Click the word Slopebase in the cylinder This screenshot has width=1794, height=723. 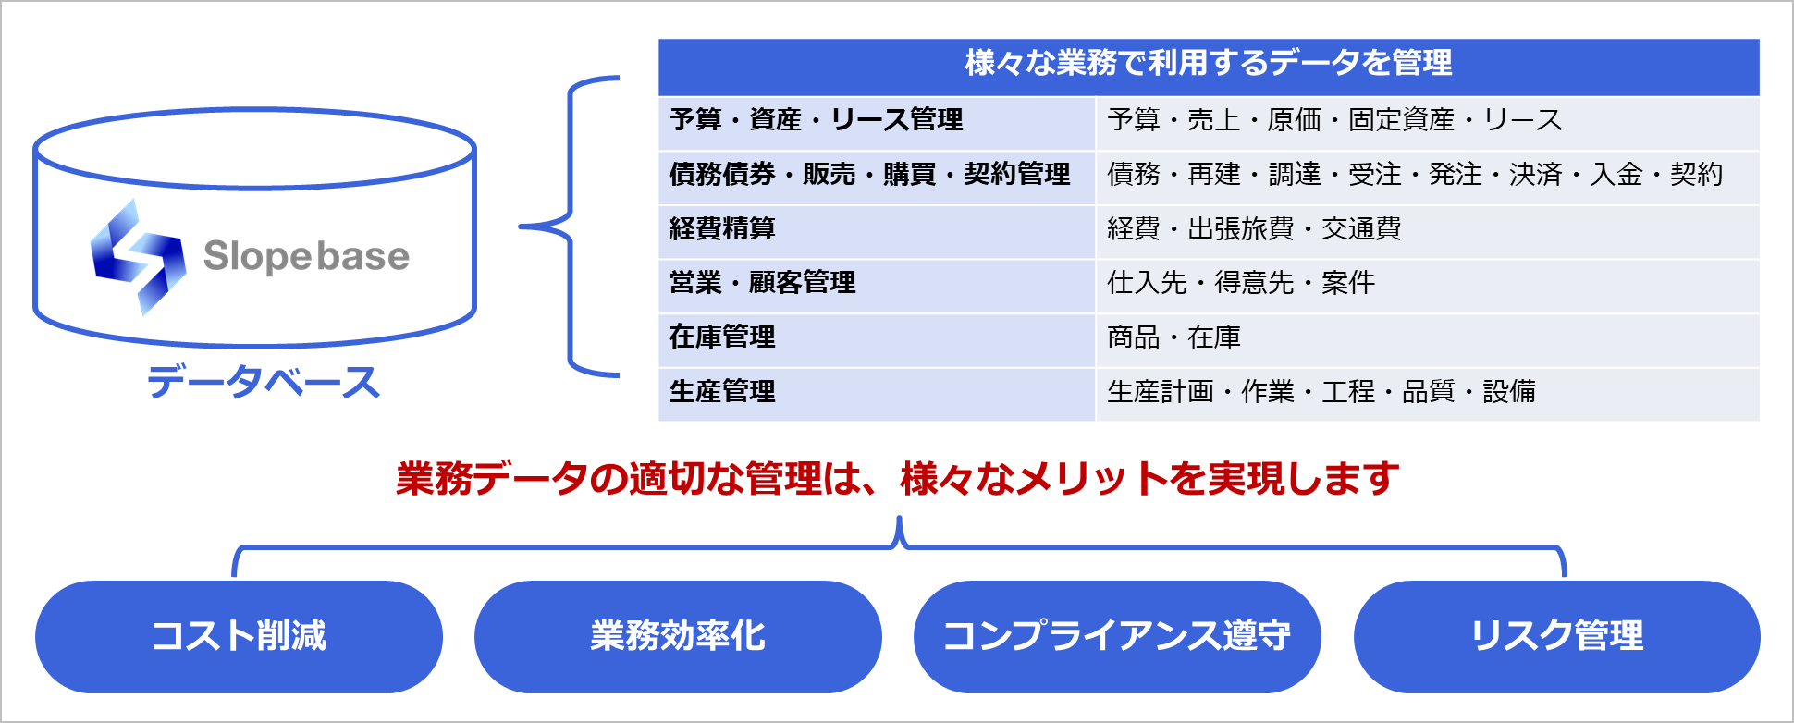pos(306,256)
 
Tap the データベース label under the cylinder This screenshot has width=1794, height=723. pos(264,381)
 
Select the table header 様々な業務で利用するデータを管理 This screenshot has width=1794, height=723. pos(1209,63)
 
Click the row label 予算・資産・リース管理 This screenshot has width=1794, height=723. pos(817,120)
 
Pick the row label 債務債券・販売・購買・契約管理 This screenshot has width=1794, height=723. pos(870,174)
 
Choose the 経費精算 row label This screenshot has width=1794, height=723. pos(722,228)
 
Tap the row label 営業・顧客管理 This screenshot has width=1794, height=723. pos(763,282)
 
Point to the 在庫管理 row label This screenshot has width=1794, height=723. pos(722,337)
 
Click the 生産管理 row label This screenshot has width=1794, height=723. pos(722,391)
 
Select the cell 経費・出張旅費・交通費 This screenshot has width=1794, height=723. pos(1255,228)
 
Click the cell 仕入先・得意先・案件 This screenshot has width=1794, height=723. pos(1241,282)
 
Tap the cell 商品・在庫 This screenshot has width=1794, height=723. pos(1174,337)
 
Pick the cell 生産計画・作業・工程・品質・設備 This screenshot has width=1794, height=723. pos(1321,391)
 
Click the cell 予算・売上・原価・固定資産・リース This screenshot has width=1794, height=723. pos(1335,120)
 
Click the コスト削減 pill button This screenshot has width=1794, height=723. pos(239,636)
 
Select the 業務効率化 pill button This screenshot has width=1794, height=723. pos(678,636)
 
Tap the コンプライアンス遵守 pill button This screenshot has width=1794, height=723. pos(1117,636)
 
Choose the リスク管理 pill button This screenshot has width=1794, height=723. pos(1557,636)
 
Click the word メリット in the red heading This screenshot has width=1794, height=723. pos(1091,479)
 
